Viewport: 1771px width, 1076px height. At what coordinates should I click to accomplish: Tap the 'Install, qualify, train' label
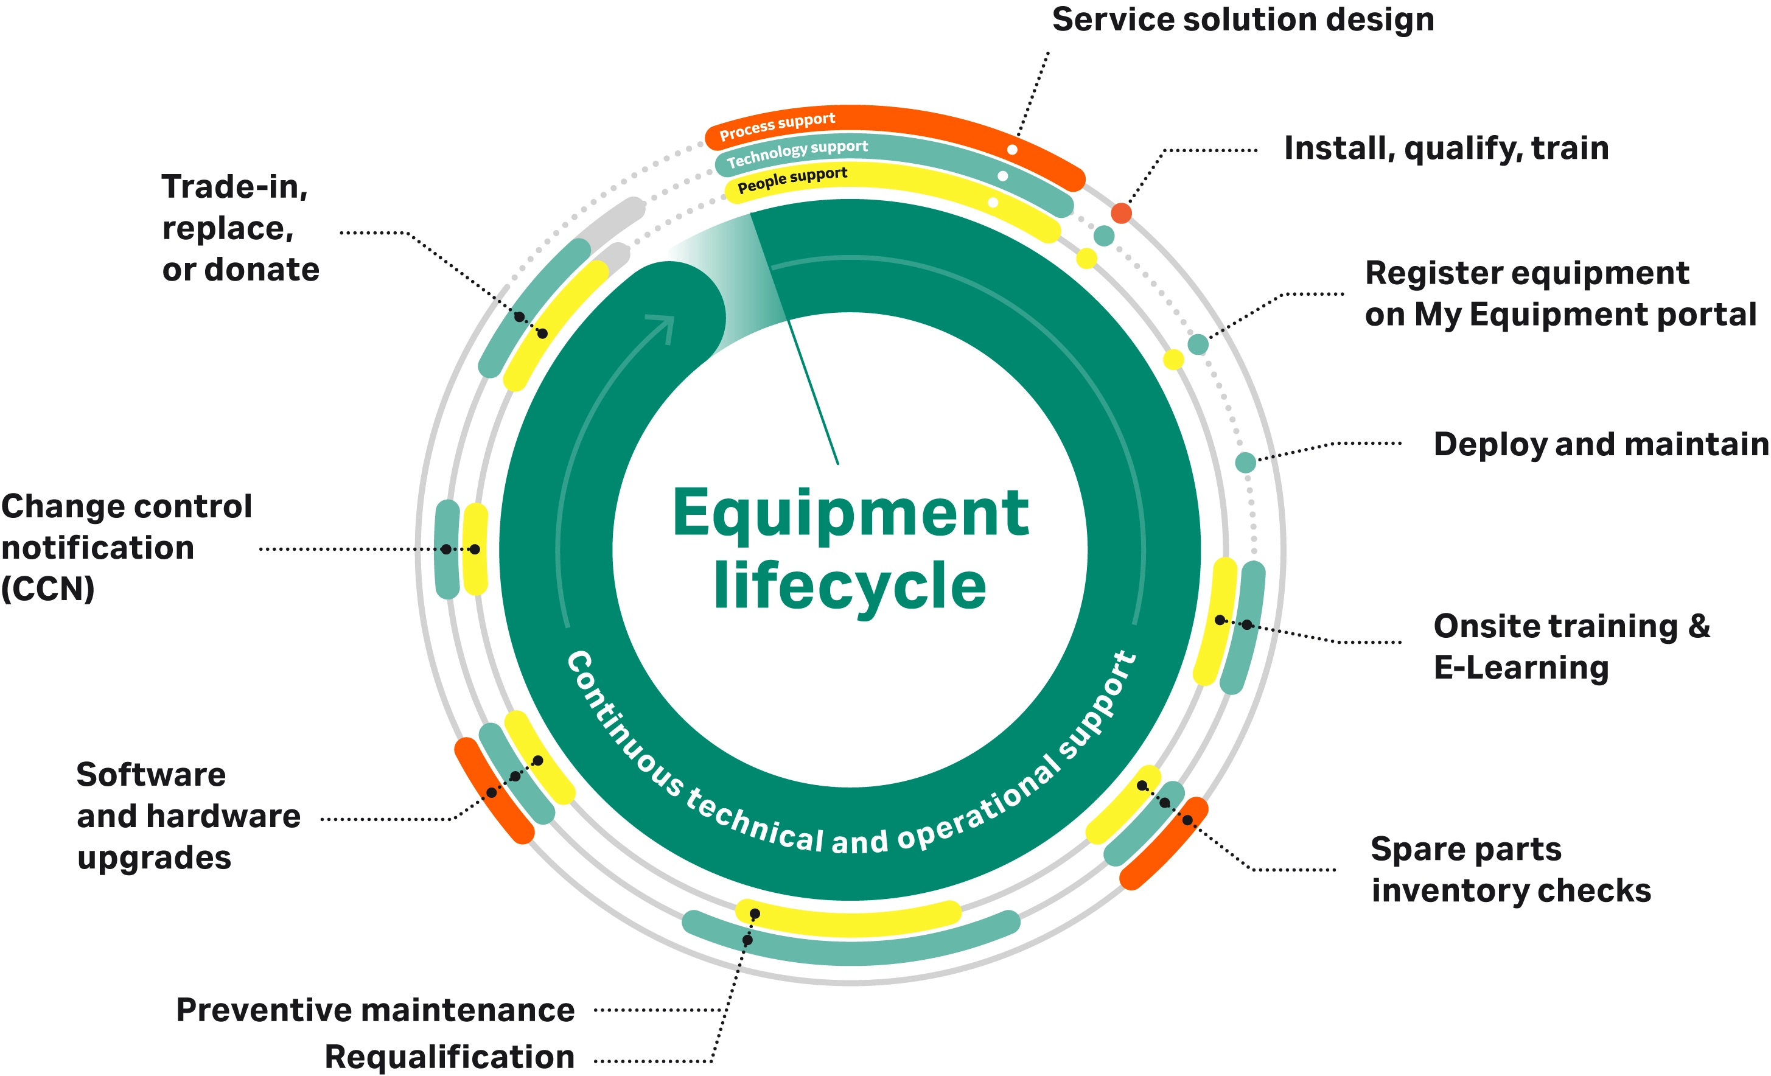click(x=1446, y=148)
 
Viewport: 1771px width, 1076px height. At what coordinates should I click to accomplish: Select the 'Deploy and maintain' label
click(x=1601, y=445)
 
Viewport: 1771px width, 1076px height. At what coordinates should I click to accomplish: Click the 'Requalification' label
click(x=450, y=1057)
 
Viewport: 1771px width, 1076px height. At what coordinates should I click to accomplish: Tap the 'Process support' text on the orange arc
click(x=777, y=126)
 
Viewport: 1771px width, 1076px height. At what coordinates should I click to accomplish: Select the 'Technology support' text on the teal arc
click(x=797, y=153)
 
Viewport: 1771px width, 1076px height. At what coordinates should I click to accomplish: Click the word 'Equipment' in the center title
click(x=850, y=513)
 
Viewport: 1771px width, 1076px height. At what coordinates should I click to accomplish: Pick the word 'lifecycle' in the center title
click(x=850, y=587)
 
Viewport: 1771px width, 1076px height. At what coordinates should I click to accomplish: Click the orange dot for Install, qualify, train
click(x=1121, y=213)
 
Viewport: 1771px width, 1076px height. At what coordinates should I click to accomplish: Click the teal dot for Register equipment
click(x=1198, y=344)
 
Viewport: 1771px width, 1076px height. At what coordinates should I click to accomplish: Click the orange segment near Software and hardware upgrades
click(x=494, y=791)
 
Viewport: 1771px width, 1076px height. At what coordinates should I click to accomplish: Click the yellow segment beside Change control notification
click(x=475, y=549)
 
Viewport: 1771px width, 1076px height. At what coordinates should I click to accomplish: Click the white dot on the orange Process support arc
click(x=1012, y=150)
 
